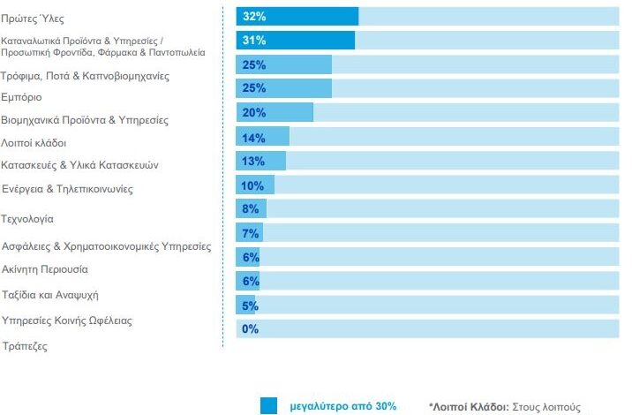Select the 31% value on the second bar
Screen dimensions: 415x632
[255, 41]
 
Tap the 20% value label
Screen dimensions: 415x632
[253, 113]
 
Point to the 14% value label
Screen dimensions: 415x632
[253, 137]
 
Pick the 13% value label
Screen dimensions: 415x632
[253, 161]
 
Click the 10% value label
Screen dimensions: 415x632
[252, 185]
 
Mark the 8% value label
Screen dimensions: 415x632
[250, 209]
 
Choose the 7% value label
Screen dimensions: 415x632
[250, 233]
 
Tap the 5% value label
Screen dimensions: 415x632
[250, 306]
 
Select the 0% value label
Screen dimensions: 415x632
[250, 329]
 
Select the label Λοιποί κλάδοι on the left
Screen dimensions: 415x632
[34, 142]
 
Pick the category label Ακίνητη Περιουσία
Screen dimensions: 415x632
[45, 269]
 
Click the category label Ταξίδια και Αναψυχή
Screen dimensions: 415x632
[51, 295]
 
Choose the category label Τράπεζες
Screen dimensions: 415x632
[26, 346]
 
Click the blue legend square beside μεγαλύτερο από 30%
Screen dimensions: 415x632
[269, 406]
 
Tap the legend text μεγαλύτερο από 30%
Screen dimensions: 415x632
[342, 407]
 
